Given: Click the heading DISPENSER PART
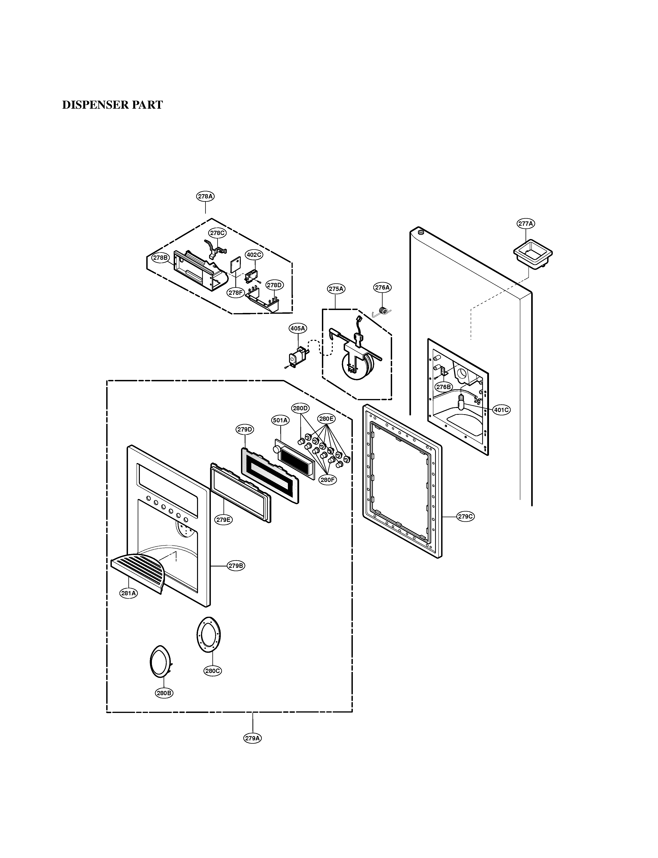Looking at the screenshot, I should (112, 105).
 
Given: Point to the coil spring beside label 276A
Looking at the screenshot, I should (384, 311).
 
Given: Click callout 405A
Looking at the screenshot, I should (298, 328).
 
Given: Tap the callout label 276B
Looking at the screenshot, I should (444, 387).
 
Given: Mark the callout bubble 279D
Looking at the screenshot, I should (245, 429).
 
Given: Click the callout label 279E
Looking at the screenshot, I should (223, 520).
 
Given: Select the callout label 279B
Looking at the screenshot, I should (236, 566).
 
